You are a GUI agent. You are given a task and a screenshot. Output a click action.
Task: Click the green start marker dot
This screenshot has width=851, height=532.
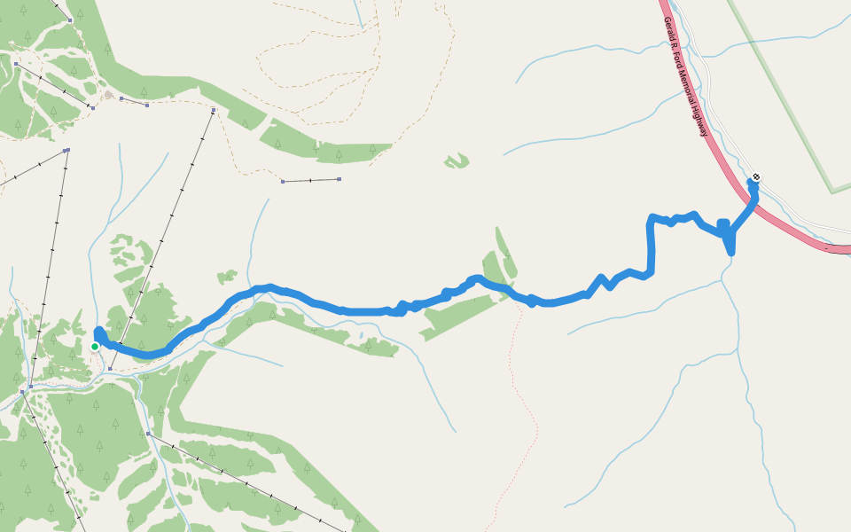click(95, 347)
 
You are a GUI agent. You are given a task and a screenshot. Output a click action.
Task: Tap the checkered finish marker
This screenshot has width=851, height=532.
click(755, 176)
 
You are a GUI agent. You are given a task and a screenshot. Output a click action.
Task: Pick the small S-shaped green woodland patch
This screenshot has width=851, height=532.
click(457, 160)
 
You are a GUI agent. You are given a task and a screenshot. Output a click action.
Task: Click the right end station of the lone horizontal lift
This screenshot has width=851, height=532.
click(339, 179)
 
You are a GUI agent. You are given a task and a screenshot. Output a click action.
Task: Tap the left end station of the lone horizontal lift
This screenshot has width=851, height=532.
click(283, 182)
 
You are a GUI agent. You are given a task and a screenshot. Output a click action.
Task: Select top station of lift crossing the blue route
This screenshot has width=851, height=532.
click(215, 111)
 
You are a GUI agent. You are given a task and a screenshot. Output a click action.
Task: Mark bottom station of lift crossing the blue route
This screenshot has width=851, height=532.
click(108, 367)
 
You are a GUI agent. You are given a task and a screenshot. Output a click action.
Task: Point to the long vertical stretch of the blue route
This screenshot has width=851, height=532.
click(652, 248)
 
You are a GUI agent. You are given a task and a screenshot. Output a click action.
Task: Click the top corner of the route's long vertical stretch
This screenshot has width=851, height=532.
click(652, 218)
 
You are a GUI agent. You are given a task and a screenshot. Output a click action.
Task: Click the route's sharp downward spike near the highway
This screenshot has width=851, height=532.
click(730, 251)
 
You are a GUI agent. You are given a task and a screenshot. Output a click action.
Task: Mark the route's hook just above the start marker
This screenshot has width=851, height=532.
click(98, 332)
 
